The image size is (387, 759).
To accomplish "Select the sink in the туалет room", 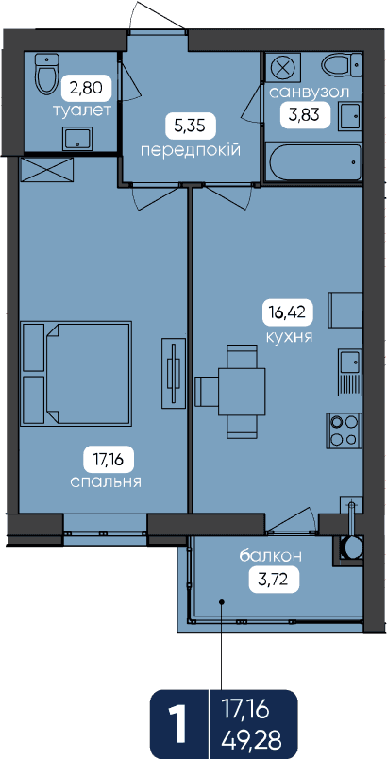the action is (76, 139).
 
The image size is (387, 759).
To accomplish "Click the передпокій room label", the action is (191, 150).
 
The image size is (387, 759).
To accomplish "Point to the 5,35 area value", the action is (191, 126).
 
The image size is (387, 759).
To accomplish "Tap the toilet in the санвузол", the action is (342, 65).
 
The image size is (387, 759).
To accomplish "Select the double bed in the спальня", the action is (76, 373).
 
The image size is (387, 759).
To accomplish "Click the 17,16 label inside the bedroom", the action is (109, 460).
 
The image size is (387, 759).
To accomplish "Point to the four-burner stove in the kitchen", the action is (344, 430).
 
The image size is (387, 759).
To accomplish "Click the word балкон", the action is (271, 556).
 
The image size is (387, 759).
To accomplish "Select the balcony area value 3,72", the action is (274, 580).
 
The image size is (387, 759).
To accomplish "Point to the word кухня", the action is (289, 336).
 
